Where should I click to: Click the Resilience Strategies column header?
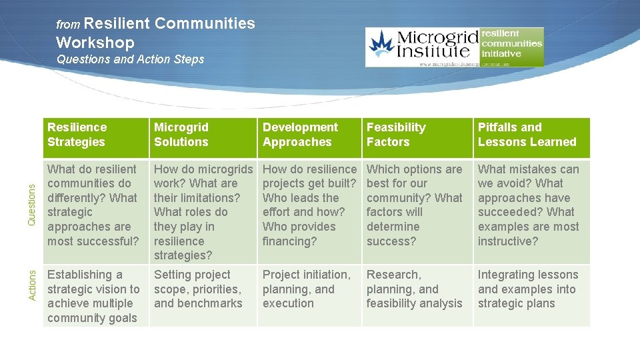point(77,135)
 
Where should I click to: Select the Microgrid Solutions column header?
point(181,135)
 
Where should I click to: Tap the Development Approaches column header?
point(300,135)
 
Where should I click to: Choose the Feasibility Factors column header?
point(396,135)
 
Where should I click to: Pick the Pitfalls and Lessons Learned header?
point(527,135)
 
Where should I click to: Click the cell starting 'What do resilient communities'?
point(93,205)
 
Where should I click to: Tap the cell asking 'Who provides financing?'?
point(309,205)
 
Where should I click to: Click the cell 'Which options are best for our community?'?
point(414,205)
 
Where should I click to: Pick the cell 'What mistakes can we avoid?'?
point(528,205)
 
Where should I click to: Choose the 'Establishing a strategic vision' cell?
point(93,296)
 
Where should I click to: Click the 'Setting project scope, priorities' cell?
point(198,289)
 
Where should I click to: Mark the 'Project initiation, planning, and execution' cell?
point(306,289)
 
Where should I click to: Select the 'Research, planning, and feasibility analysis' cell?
point(414,289)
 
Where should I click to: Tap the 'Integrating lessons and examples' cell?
point(528,289)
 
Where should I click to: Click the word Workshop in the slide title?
point(95,43)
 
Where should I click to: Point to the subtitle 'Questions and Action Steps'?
point(131,59)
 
